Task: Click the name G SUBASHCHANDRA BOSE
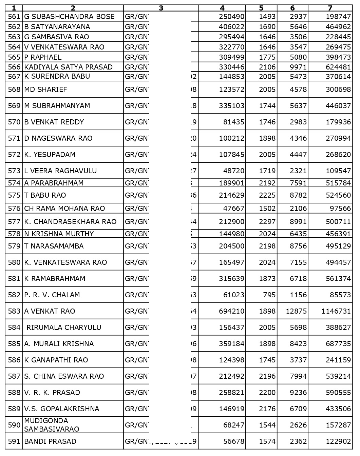point(69,17)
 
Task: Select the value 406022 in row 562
point(232,27)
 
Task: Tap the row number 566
point(14,67)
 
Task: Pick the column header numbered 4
point(222,8)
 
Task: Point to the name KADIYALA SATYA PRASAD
point(68,67)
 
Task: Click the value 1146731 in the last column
point(336,311)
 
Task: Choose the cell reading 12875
point(296,311)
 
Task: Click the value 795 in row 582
point(269,295)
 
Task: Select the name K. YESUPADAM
point(50,155)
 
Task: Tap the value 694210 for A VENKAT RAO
point(232,311)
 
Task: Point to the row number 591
point(14,441)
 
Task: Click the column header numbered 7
point(330,8)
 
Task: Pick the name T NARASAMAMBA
point(54,246)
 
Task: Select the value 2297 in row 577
point(267,222)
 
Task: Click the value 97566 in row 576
point(339,209)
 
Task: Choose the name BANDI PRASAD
point(50,441)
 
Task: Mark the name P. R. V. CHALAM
point(52,295)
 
